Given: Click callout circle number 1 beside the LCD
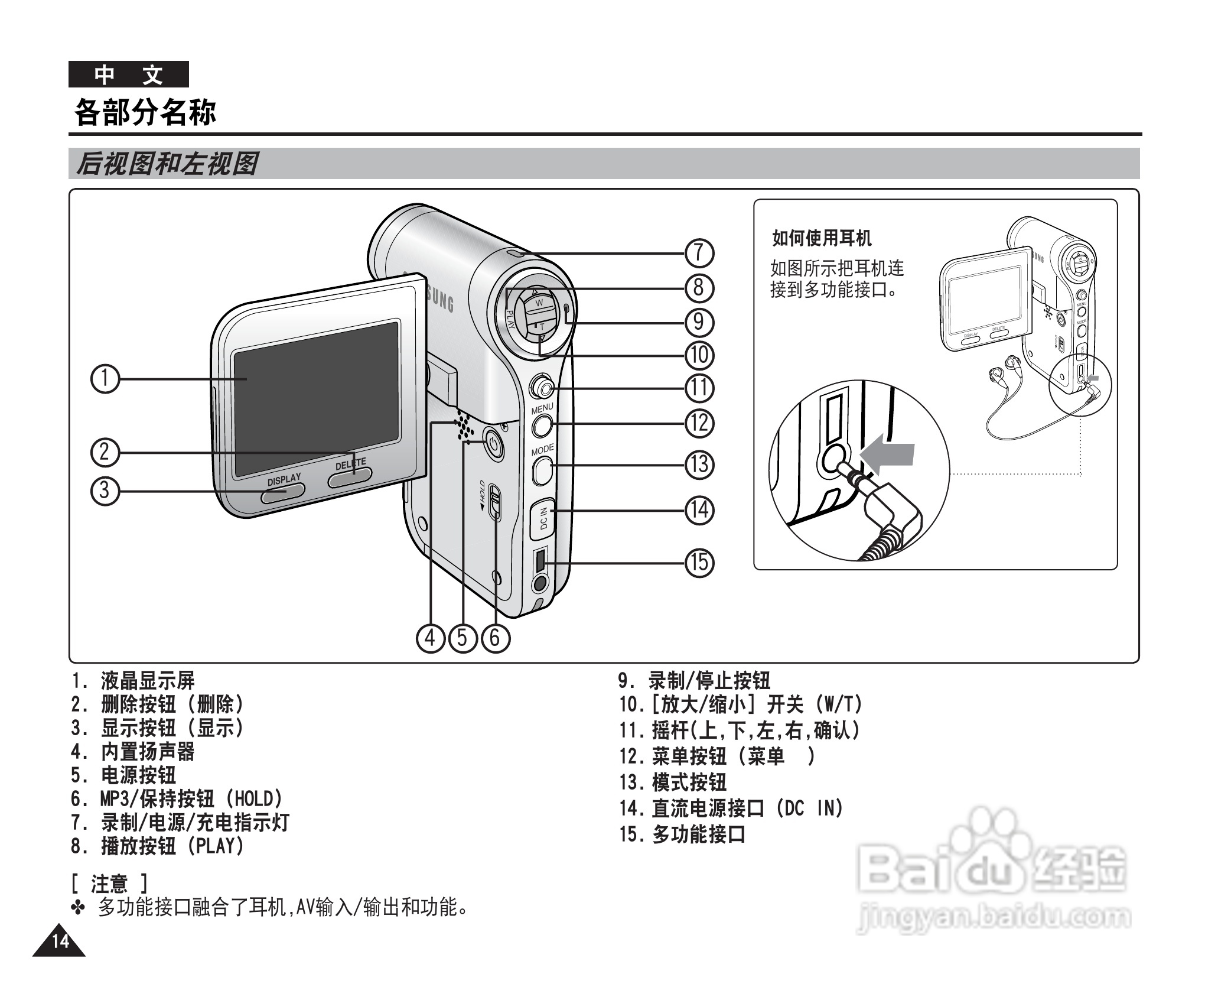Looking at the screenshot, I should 105,379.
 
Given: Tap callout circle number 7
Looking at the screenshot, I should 699,254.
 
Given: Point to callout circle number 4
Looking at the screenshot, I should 430,638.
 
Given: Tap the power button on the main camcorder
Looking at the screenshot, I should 494,444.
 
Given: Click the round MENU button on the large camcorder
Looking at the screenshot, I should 542,425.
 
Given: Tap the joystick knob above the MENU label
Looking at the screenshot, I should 542,387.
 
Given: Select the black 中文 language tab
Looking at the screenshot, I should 129,74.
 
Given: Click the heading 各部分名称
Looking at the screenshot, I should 145,112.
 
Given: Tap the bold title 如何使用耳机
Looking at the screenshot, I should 822,239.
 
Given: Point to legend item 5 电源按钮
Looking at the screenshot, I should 138,775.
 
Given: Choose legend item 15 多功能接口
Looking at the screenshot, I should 699,834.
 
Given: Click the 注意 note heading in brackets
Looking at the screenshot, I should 109,884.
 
